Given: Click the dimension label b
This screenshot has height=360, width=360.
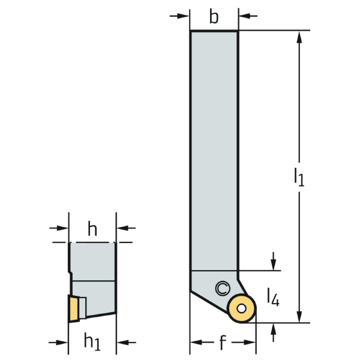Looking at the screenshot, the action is (x=214, y=17).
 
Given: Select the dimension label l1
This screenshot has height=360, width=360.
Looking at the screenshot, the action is (x=299, y=177).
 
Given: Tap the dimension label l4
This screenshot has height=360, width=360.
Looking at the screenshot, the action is (x=273, y=297).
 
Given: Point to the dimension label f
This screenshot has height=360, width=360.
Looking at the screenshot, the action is (x=222, y=342).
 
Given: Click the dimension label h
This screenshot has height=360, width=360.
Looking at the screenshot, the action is (x=92, y=229).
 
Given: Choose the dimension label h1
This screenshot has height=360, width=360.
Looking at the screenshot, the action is (x=92, y=341).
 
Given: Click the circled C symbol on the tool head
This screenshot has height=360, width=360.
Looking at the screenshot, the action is (x=223, y=289).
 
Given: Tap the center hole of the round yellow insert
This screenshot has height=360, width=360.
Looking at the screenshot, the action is (x=242, y=308).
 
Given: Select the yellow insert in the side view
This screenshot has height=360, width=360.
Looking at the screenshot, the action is (x=74, y=308).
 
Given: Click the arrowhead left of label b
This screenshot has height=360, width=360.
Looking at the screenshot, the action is (x=183, y=16).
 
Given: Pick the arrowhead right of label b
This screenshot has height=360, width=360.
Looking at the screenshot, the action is (x=245, y=16).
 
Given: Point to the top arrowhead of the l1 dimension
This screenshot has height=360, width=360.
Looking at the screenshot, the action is (x=299, y=37).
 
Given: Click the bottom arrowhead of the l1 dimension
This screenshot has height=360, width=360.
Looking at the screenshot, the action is (x=299, y=316).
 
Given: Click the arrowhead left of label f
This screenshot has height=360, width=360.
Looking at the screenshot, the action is (x=197, y=343).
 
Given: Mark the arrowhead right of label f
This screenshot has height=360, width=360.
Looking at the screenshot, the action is (x=250, y=343).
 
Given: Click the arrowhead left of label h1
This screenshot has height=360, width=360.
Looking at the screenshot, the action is (x=62, y=343).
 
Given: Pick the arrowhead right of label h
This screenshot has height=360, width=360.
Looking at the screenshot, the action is (x=122, y=228).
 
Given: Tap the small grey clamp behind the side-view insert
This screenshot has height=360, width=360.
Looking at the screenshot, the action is (x=83, y=308).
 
